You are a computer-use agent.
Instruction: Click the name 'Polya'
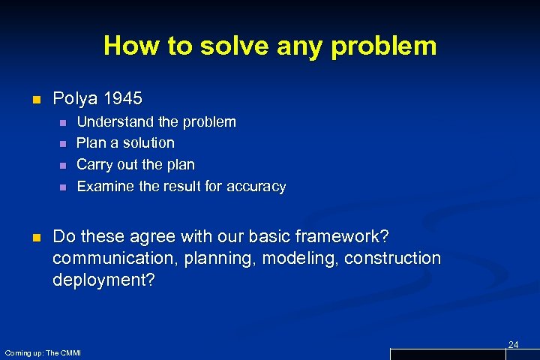coord(73,98)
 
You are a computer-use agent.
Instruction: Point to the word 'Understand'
coord(115,121)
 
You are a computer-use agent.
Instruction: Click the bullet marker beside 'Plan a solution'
coord(63,143)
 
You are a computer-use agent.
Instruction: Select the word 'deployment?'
coord(100,280)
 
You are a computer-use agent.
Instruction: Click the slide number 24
coord(513,344)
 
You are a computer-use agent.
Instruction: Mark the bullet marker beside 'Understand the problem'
coord(63,121)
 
